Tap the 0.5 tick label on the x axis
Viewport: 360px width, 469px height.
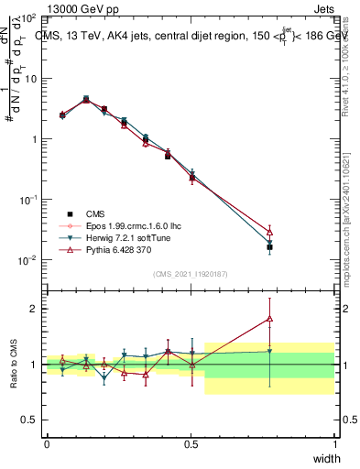(x=191, y=443)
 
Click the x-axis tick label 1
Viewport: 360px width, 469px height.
(x=334, y=443)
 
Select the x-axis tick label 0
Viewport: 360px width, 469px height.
(x=47, y=443)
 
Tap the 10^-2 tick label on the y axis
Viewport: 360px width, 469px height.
(x=27, y=260)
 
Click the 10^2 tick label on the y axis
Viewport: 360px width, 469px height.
(x=27, y=18)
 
